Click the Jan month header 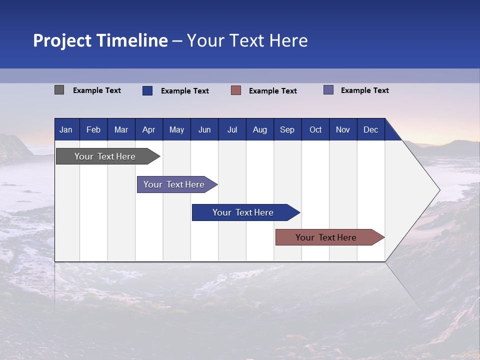pos(66,130)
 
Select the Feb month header pos(93,130)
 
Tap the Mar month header pos(121,130)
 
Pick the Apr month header pos(149,130)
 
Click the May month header pos(176,130)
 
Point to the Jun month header pos(204,130)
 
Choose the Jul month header pos(232,130)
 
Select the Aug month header pos(260,130)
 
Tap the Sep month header pos(287,130)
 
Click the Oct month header pos(315,130)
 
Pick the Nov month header pos(343,130)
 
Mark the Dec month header pos(371,130)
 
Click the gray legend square pos(59,90)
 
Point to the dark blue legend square pos(147,90)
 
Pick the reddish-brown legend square pos(236,90)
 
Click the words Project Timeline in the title pos(100,40)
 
